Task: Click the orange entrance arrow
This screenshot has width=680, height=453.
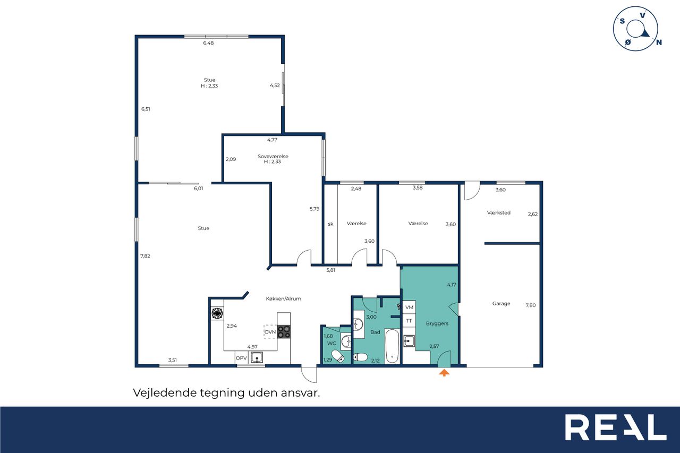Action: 444,373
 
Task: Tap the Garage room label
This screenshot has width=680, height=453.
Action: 501,303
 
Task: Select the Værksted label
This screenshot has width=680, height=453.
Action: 499,213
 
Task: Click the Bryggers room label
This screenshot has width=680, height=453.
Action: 437,323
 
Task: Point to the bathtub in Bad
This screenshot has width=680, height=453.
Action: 392,346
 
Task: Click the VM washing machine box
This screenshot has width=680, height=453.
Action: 409,307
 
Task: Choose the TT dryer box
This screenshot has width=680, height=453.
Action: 409,321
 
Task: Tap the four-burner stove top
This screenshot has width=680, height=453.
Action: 284,331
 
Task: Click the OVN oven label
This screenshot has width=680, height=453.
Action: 270,332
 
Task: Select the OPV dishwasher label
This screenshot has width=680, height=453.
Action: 241,358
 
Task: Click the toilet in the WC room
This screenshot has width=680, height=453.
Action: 337,356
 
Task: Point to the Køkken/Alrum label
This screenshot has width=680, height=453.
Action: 284,299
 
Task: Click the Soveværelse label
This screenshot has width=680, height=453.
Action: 273,156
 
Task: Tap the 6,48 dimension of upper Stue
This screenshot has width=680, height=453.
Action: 208,43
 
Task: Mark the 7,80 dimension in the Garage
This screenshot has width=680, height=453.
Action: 531,305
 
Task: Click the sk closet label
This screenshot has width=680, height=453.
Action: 330,224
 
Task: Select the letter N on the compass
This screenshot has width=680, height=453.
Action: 659,42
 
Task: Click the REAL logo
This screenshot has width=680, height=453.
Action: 616,427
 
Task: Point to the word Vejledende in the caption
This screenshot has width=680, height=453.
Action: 165,393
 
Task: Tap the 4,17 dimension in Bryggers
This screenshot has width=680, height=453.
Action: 452,285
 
